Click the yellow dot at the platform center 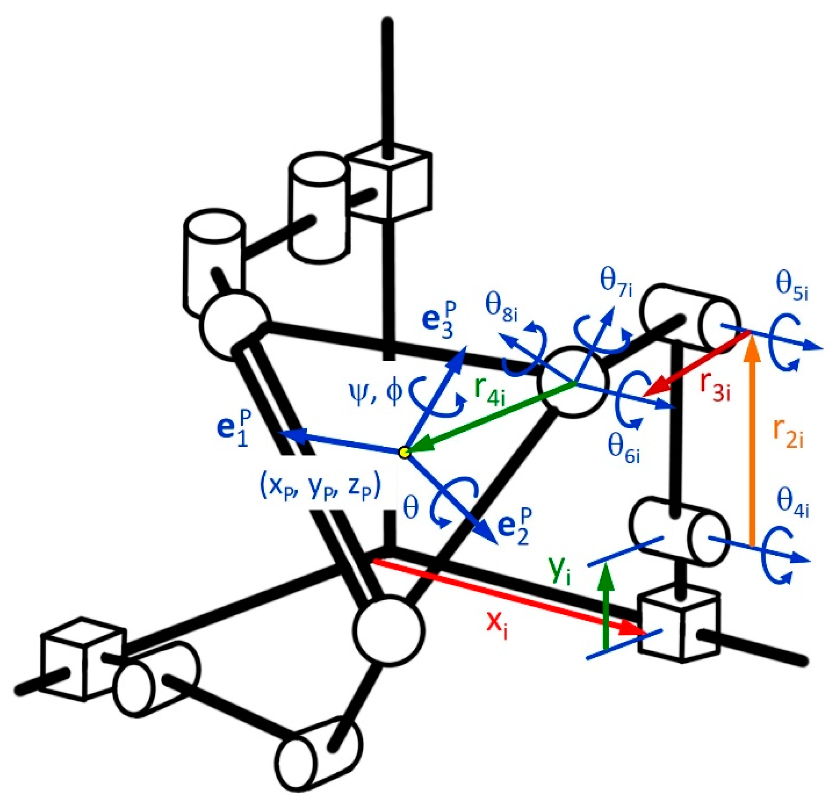(x=404, y=452)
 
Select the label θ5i (x=792, y=289)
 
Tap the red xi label (x=497, y=627)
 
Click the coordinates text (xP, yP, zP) (x=320, y=488)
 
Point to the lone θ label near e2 (x=411, y=509)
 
